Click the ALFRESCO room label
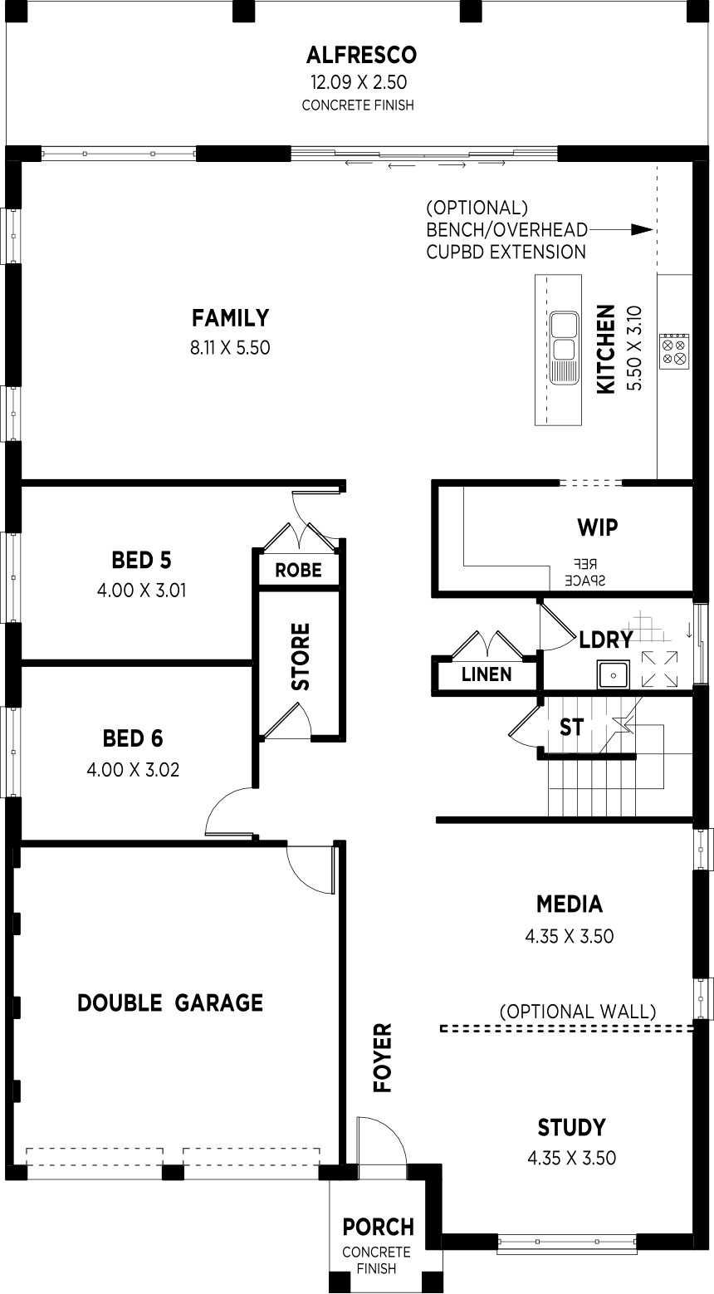click(x=361, y=55)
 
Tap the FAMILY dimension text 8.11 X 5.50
click(x=230, y=348)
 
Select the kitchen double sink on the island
click(x=564, y=347)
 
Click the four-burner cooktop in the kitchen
click(x=674, y=351)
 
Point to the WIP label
click(x=597, y=527)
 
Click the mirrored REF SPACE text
click(x=585, y=572)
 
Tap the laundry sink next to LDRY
click(x=614, y=674)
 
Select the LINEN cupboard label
click(x=487, y=674)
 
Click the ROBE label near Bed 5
click(x=298, y=570)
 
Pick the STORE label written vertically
click(x=301, y=656)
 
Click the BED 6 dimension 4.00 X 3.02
click(x=133, y=769)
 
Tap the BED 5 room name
click(x=141, y=560)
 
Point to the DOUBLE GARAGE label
click(x=170, y=1002)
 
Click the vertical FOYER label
click(x=383, y=1058)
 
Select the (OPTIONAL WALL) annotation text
click(x=578, y=1011)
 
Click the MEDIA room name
click(x=570, y=904)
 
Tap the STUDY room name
click(x=572, y=1127)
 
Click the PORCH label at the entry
click(x=379, y=1227)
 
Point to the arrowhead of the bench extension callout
click(x=642, y=229)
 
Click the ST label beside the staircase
click(x=571, y=728)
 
